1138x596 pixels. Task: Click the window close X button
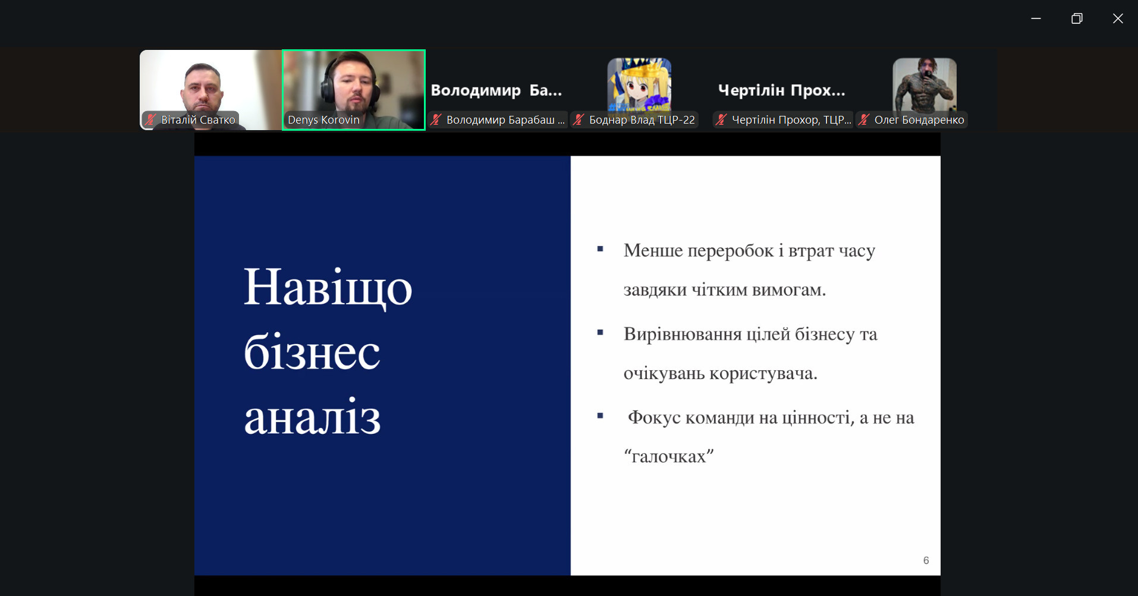click(1118, 18)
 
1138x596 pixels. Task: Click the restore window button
click(1077, 18)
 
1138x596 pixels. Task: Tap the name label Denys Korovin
click(323, 120)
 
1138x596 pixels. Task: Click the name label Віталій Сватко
click(198, 120)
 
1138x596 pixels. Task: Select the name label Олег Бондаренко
click(919, 120)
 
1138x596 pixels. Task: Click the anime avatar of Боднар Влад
click(639, 84)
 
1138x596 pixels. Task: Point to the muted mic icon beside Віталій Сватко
click(150, 120)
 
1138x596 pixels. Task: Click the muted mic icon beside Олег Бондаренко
click(864, 120)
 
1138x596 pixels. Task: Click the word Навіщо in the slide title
click(328, 288)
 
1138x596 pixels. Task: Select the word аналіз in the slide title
click(312, 417)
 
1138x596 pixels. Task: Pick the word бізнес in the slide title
click(312, 352)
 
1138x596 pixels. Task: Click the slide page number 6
click(926, 560)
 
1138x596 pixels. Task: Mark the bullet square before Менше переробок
click(600, 249)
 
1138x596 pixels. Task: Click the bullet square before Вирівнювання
click(600, 333)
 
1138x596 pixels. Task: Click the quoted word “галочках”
click(668, 456)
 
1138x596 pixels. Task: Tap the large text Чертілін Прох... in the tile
click(781, 90)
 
